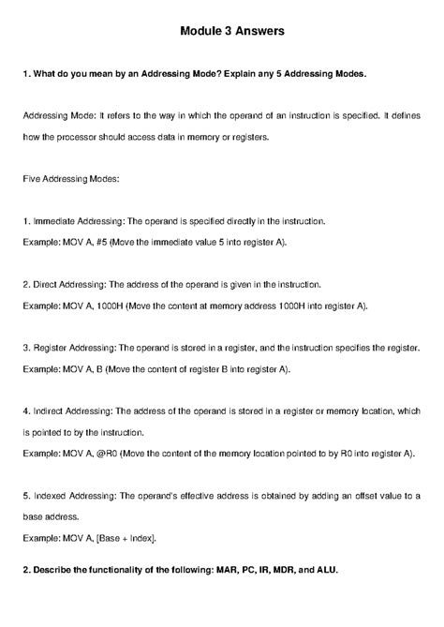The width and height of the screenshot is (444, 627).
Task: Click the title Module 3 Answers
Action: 232,32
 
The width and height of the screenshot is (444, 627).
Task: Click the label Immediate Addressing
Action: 78,221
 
